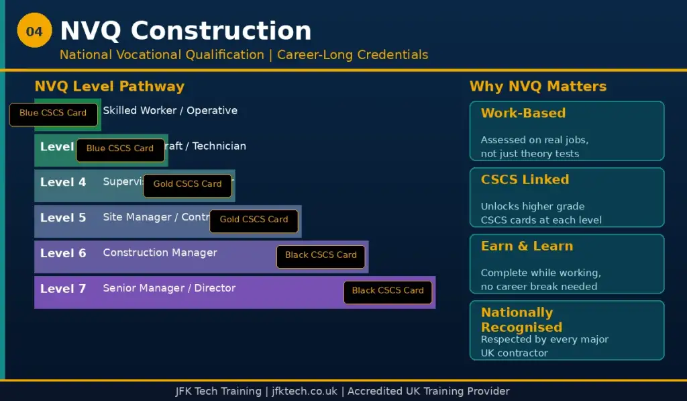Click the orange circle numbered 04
(34, 32)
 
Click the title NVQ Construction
(185, 31)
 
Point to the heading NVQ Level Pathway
(109, 87)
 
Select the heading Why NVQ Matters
(537, 87)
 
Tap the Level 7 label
(63, 289)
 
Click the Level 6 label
(63, 253)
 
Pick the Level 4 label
(63, 182)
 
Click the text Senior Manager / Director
(169, 288)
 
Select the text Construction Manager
(160, 253)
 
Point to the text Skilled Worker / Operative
(170, 111)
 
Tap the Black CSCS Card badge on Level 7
(388, 291)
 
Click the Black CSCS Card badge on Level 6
(321, 255)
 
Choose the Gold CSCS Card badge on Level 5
(254, 220)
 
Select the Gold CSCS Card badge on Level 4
(187, 184)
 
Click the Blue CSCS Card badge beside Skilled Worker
(53, 114)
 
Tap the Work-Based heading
(523, 114)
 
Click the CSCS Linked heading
(525, 180)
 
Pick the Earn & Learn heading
(527, 247)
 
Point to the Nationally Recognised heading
(521, 320)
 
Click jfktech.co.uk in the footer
(305, 391)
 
